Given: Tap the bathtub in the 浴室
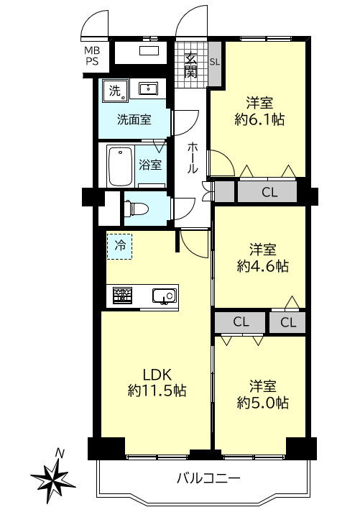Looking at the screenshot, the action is click(120, 166).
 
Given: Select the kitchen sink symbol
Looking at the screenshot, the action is click(165, 296).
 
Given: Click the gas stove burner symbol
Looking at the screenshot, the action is click(123, 296).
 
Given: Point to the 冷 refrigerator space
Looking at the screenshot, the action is click(119, 246).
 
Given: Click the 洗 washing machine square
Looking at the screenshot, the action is click(115, 90).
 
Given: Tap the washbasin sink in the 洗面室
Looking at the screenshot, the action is click(148, 89).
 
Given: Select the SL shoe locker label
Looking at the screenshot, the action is click(215, 62).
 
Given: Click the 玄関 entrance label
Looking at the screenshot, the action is click(190, 65).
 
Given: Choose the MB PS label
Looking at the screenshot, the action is click(92, 56).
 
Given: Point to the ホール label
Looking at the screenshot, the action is click(192, 158).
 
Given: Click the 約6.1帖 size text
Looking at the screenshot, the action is click(259, 119).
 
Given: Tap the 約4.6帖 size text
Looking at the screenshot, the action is click(262, 266).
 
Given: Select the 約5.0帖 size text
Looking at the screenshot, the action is click(262, 403).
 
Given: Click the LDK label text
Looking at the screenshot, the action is click(157, 375).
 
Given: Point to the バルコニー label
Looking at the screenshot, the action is click(208, 478).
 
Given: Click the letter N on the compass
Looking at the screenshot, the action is click(60, 452).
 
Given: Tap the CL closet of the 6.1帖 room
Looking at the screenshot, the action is click(267, 192).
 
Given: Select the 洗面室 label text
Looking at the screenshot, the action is click(134, 119).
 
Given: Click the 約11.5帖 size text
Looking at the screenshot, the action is click(157, 391).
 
